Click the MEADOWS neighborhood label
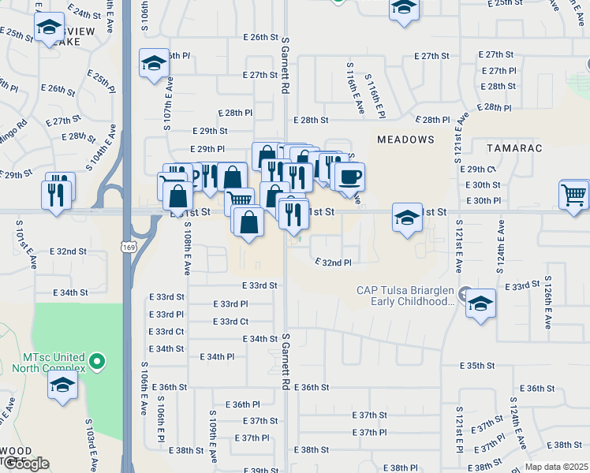[x=405, y=139]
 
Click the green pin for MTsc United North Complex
[x=96, y=362]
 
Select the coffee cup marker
[x=349, y=177]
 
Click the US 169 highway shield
[x=126, y=247]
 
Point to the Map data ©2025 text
[x=556, y=467]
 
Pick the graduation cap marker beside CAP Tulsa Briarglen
[x=480, y=303]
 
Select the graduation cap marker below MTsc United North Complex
[x=62, y=385]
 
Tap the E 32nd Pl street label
[x=332, y=262]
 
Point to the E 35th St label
[x=478, y=366]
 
